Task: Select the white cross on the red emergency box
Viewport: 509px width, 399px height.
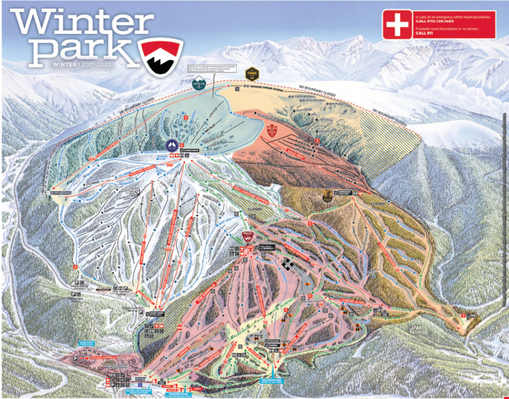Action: coord(398,25)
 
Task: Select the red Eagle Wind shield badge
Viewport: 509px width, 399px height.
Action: coord(271,131)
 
